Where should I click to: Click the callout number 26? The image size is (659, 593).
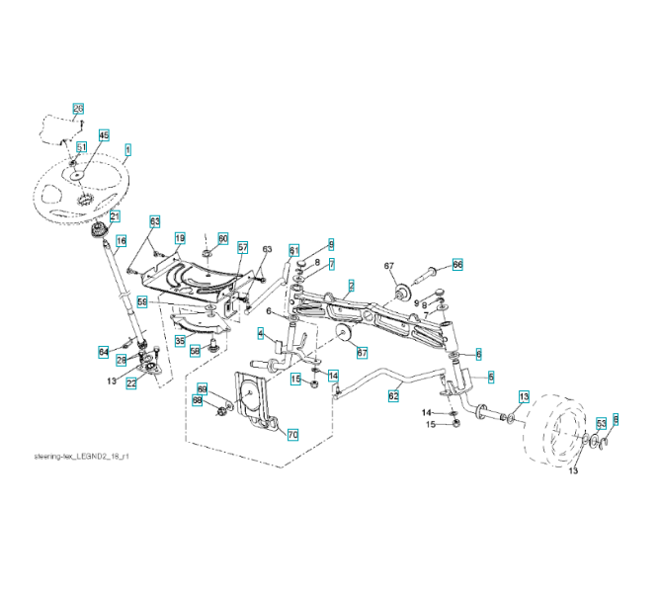78,108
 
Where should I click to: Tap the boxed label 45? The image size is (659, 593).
104,135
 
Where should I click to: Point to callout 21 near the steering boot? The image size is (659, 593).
115,216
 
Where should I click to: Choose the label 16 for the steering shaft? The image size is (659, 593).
122,240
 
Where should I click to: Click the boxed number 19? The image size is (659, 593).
180,238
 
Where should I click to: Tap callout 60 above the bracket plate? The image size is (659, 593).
222,238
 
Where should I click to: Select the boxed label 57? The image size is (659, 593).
242,247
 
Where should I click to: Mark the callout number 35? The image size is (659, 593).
180,340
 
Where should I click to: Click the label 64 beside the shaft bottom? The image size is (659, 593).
104,351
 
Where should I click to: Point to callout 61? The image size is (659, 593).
293,249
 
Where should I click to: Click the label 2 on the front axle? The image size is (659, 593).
351,285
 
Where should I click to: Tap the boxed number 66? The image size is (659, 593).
457,264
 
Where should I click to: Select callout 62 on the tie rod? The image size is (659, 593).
393,395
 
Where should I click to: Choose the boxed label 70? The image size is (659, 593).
292,434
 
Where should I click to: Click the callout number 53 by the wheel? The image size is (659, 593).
601,423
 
